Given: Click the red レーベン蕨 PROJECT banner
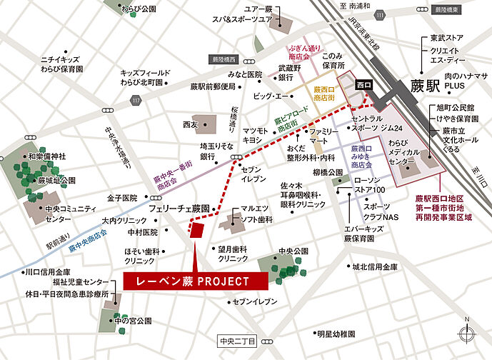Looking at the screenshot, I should point(195,281).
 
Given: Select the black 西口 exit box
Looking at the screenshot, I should point(364,85).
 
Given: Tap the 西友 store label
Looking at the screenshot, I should point(189,124).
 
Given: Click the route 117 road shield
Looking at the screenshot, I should point(136,101).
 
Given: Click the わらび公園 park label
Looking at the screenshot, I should point(139,9).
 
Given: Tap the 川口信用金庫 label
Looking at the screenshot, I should point(46,271).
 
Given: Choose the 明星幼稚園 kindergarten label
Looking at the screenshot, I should point(336,334).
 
